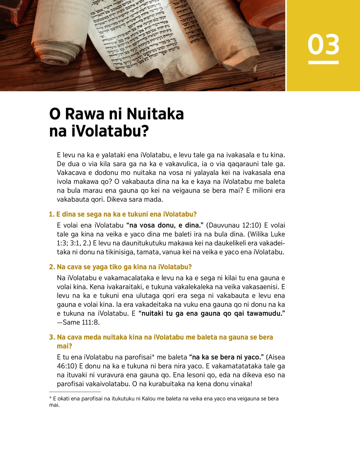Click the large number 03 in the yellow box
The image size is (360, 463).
[323, 44]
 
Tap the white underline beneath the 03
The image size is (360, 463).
[323, 62]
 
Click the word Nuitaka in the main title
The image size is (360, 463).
[155, 114]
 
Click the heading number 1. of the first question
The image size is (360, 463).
[52, 214]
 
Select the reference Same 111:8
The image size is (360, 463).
[81, 323]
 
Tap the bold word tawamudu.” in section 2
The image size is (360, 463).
[266, 314]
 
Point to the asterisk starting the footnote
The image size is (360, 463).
[50, 398]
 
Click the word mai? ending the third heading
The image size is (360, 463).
[64, 346]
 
